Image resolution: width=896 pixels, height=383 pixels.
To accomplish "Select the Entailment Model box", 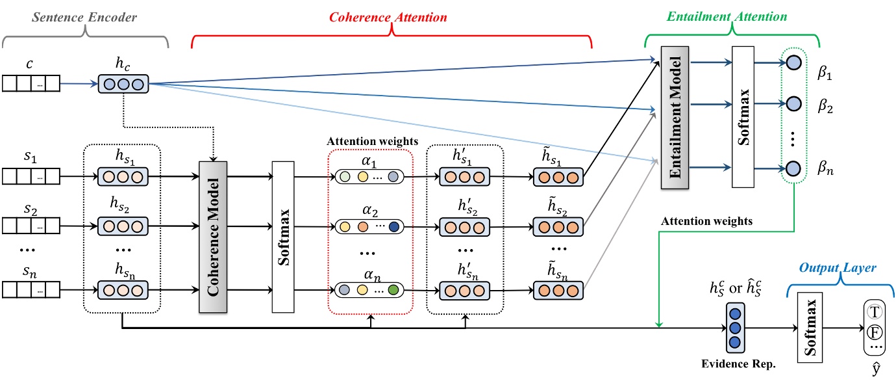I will pyautogui.click(x=675, y=118).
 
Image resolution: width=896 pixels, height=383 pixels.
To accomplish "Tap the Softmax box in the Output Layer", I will pyautogui.click(x=808, y=327).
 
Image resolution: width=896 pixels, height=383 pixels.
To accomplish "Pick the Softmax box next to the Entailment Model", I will pyautogui.click(x=745, y=118).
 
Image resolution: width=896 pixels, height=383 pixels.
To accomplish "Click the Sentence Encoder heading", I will pyautogui.click(x=85, y=18).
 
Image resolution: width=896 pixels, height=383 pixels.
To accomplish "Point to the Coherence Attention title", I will pyautogui.click(x=388, y=18).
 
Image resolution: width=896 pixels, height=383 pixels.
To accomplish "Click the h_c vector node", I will pyautogui.click(x=123, y=83).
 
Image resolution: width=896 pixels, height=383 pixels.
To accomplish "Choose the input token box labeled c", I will pyautogui.click(x=31, y=83).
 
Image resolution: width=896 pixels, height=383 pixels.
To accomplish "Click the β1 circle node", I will pyautogui.click(x=792, y=62).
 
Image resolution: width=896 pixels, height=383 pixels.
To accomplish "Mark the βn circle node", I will pyautogui.click(x=792, y=168).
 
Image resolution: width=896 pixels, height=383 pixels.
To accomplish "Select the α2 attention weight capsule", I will pyautogui.click(x=368, y=227).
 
